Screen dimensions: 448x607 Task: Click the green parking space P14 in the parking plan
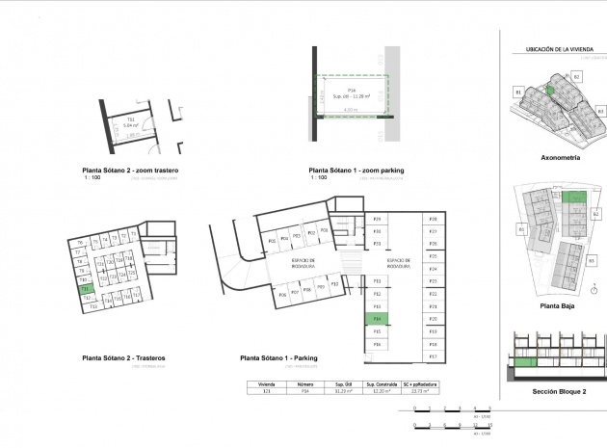378,318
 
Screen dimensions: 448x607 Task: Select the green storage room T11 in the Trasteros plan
85,288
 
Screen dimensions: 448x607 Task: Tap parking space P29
378,220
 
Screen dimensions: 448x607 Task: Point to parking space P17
434,356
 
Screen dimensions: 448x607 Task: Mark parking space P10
334,284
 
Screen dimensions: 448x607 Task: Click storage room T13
94,306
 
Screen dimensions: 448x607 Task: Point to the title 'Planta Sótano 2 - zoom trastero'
130,171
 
